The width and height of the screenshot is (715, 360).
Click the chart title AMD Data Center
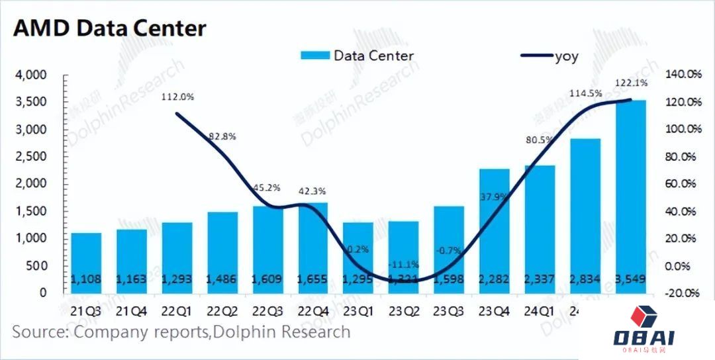point(110,28)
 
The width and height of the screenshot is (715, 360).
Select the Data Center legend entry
point(358,56)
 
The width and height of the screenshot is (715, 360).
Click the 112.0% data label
point(177,97)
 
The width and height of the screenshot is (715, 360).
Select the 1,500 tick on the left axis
point(30,211)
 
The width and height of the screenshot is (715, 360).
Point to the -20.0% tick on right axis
point(683,292)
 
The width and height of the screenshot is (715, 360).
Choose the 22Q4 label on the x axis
point(313,311)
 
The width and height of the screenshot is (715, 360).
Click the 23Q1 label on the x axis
point(359,311)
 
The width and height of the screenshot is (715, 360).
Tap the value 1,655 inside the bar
point(313,280)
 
